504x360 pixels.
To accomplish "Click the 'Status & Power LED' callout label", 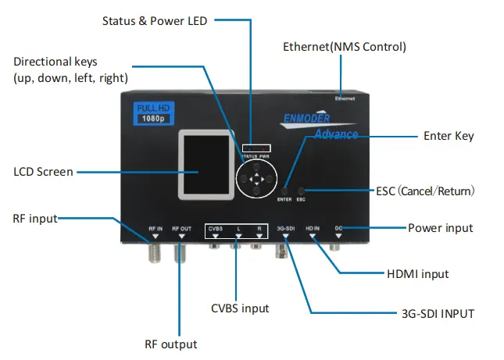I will (x=155, y=21).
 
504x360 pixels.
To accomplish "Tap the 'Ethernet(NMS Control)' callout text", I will (x=345, y=47).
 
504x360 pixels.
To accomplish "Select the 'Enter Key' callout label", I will (x=449, y=136).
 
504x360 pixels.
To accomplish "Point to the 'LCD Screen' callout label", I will (x=44, y=172).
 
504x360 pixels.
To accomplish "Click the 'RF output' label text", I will (x=170, y=344).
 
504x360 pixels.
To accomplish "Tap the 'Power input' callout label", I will (x=440, y=228).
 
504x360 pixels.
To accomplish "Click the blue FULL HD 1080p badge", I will (x=152, y=112).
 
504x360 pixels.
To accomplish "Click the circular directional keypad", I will (x=256, y=180).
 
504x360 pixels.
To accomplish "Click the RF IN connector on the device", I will (x=155, y=252).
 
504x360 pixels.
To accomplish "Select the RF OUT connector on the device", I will (x=181, y=252).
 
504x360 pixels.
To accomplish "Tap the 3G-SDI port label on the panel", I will (x=285, y=228).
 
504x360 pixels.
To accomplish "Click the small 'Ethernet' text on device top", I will (x=345, y=99).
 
